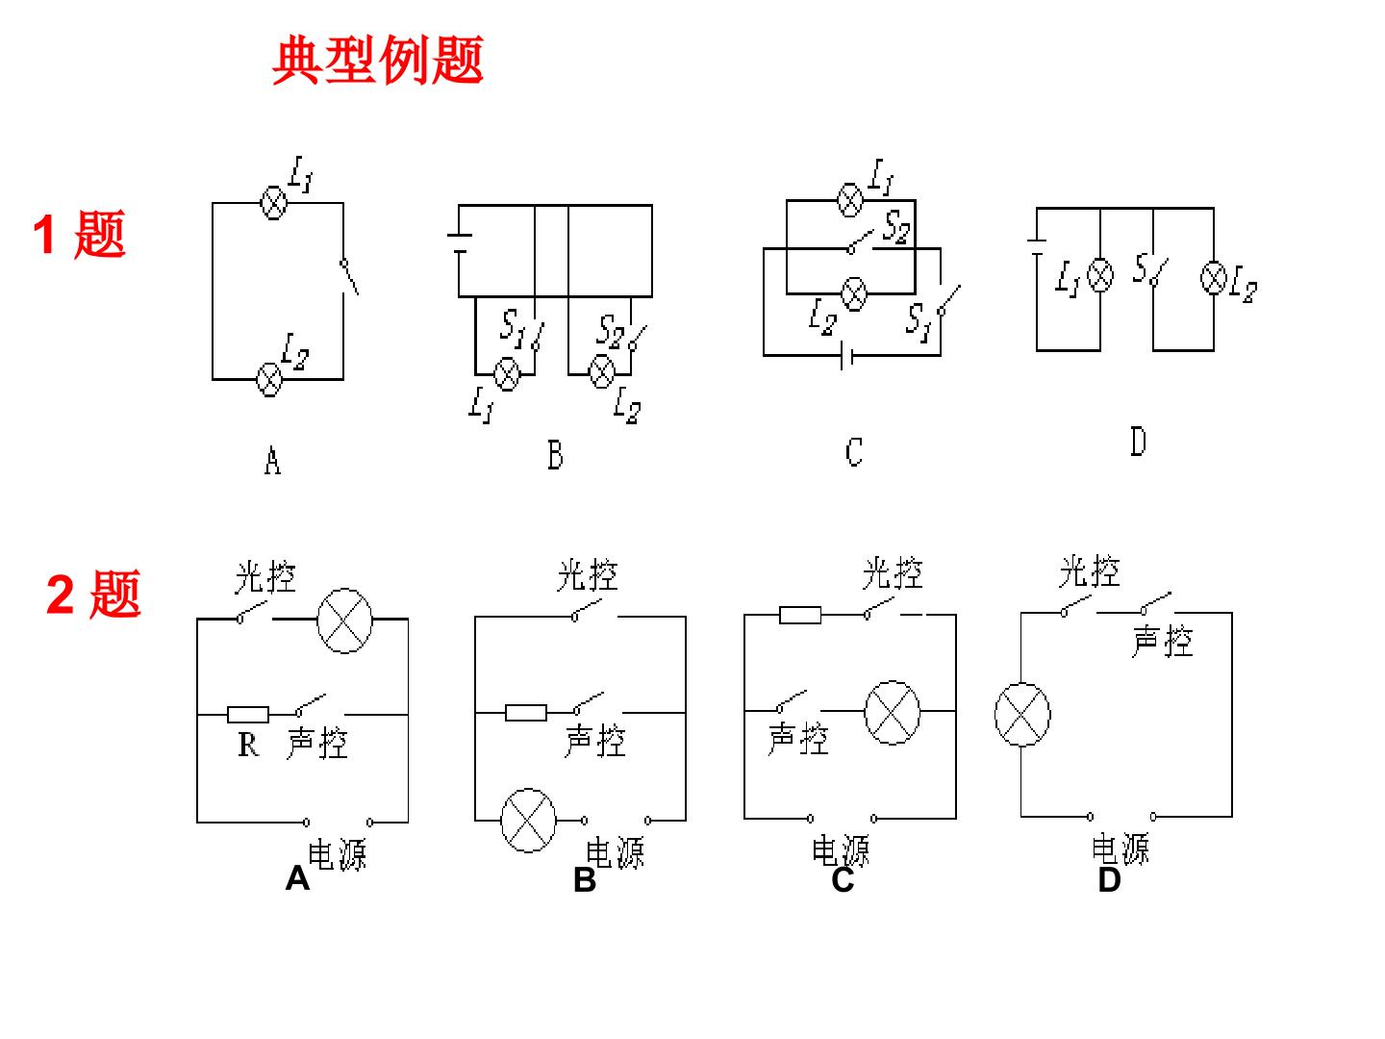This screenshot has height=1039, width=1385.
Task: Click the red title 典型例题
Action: pyautogui.click(x=377, y=60)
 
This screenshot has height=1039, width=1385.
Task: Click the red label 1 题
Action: pyautogui.click(x=80, y=235)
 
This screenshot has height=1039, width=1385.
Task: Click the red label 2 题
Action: pyautogui.click(x=93, y=594)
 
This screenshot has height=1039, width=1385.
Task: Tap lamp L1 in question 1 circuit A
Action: pyautogui.click(x=273, y=203)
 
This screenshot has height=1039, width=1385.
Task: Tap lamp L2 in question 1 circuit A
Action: pyautogui.click(x=269, y=380)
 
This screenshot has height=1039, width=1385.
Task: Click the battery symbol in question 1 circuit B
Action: pyautogui.click(x=460, y=243)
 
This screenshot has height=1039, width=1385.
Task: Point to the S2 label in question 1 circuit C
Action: pyautogui.click(x=896, y=227)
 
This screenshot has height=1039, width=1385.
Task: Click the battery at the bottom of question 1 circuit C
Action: pyautogui.click(x=846, y=356)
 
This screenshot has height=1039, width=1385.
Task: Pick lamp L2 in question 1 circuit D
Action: pyautogui.click(x=1214, y=277)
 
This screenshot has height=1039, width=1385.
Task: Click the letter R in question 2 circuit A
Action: pyautogui.click(x=248, y=745)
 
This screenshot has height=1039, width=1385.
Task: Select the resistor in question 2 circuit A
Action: pyautogui.click(x=248, y=715)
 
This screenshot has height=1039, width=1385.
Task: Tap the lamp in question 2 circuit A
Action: pyautogui.click(x=344, y=621)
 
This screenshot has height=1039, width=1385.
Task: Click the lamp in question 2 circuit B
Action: pyautogui.click(x=528, y=820)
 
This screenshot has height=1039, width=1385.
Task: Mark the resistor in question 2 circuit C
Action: pyautogui.click(x=800, y=615)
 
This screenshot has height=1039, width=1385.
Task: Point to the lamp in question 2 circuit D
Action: pyautogui.click(x=1022, y=715)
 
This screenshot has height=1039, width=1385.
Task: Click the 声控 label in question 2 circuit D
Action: pyautogui.click(x=1162, y=642)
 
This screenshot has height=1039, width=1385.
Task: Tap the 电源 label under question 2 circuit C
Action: pyautogui.click(x=840, y=851)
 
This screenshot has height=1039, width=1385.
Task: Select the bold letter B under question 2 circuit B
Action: pyautogui.click(x=584, y=880)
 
